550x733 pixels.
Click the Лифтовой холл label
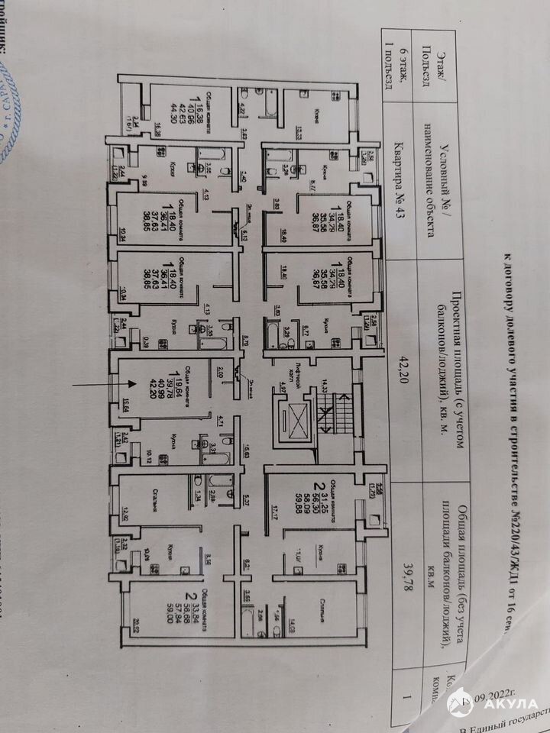click(287, 369)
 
